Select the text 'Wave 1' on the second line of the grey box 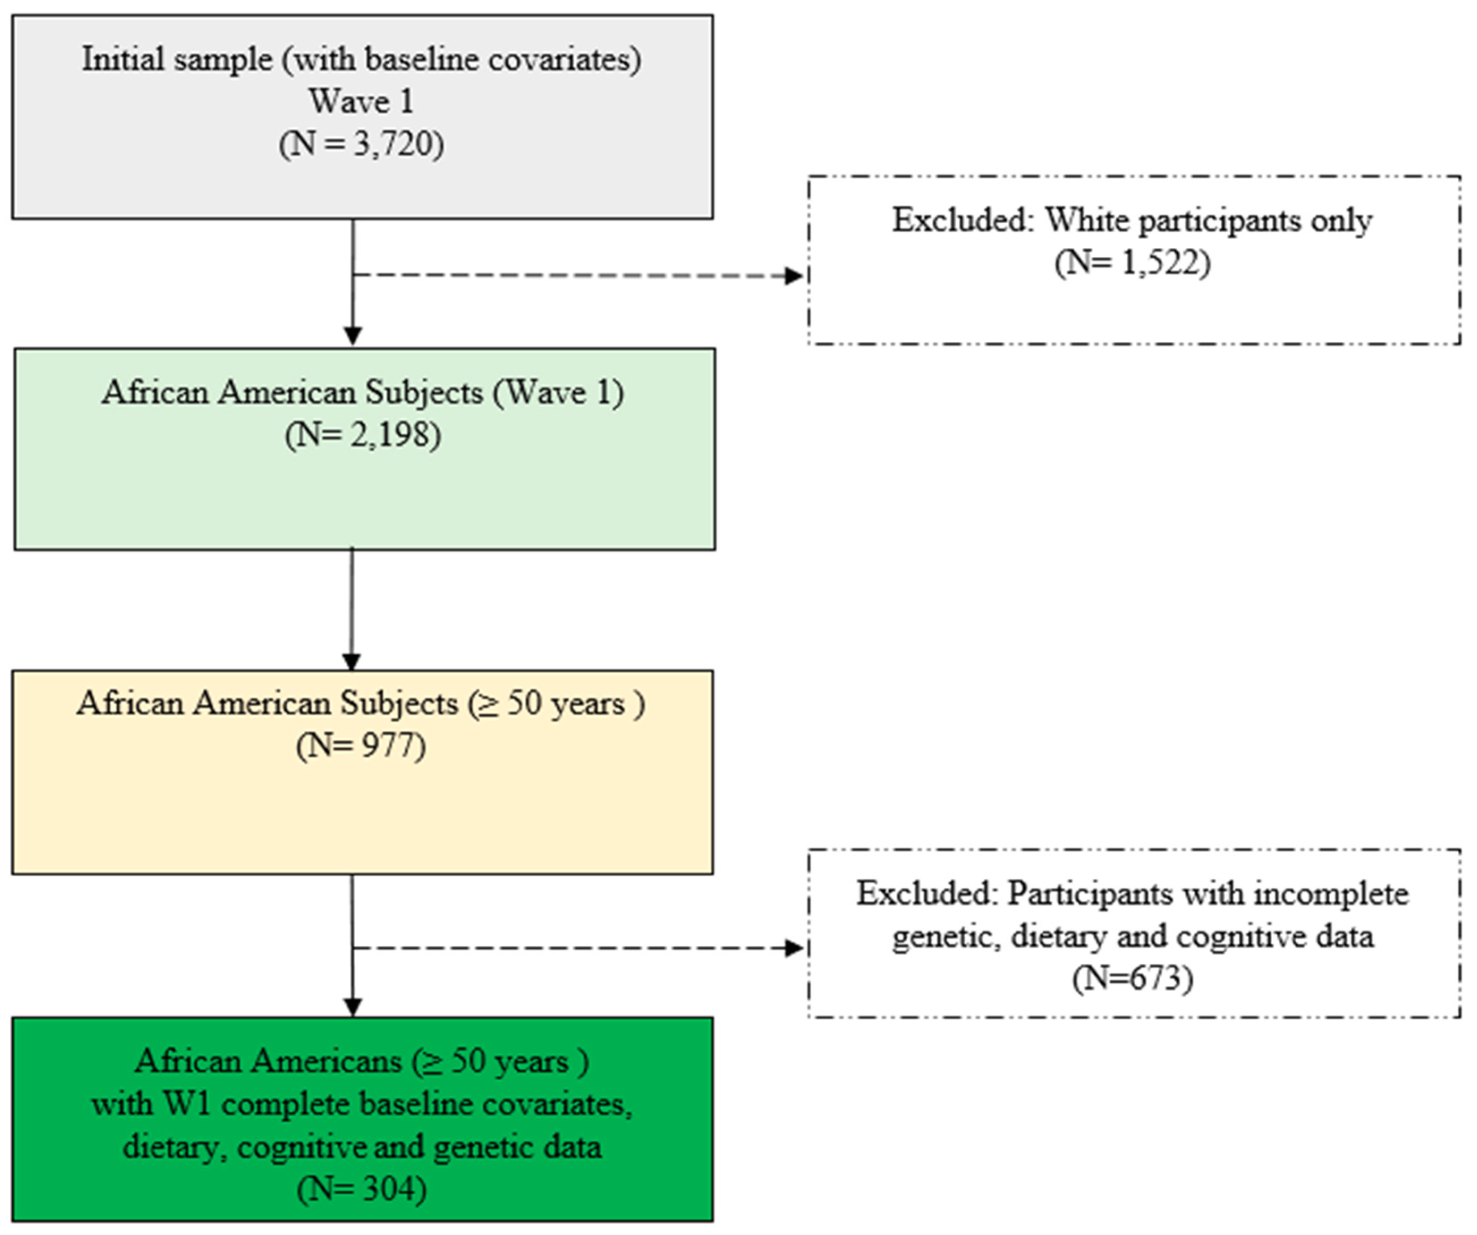tap(361, 101)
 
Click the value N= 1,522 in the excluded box tap(1133, 263)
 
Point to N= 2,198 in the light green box tap(363, 435)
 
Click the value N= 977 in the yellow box tap(361, 746)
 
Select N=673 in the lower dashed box tap(1133, 978)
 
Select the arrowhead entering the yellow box tap(351, 662)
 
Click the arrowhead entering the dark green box tap(352, 1007)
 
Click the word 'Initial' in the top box tap(124, 59)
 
